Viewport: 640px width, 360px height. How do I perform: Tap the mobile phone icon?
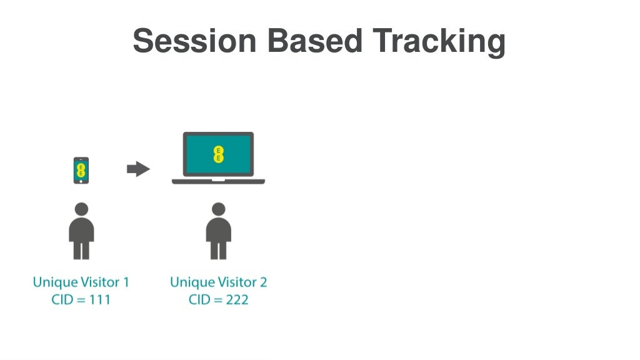(81, 170)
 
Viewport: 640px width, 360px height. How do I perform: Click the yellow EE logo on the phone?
(81, 168)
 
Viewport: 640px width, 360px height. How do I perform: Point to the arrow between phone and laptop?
(138, 169)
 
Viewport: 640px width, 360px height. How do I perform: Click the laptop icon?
(218, 157)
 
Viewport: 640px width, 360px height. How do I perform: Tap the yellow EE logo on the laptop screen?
(218, 154)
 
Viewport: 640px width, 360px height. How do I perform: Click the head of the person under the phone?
(81, 209)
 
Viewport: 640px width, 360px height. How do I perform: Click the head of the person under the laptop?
(218, 209)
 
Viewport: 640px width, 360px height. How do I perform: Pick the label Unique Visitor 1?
(81, 282)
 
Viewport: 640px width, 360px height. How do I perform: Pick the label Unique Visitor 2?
(218, 282)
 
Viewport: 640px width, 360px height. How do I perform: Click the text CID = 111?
(81, 299)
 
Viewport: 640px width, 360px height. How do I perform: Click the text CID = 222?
(218, 299)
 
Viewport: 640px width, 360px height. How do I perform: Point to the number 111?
(99, 299)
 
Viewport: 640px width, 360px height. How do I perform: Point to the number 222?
(236, 299)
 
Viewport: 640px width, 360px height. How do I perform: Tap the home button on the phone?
(81, 181)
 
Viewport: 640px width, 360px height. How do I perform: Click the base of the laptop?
(218, 181)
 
